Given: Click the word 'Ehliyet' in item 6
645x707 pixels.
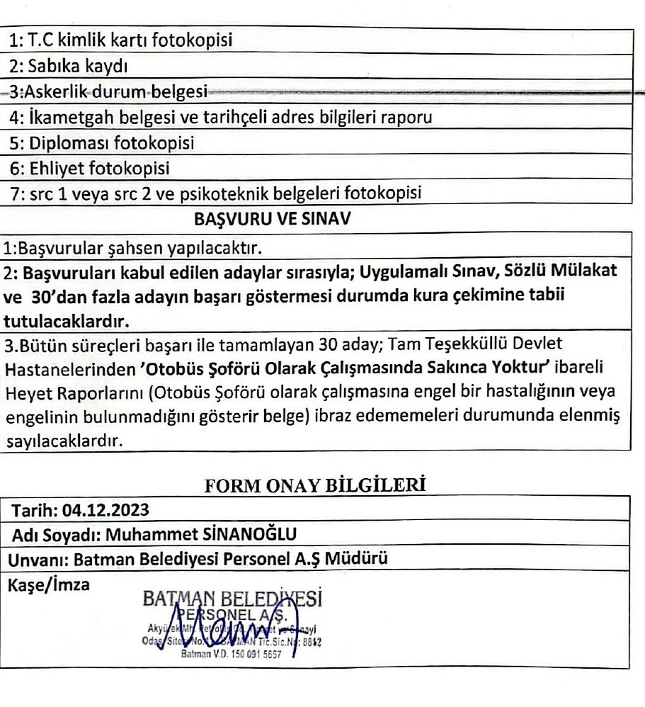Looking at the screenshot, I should point(51,167).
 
